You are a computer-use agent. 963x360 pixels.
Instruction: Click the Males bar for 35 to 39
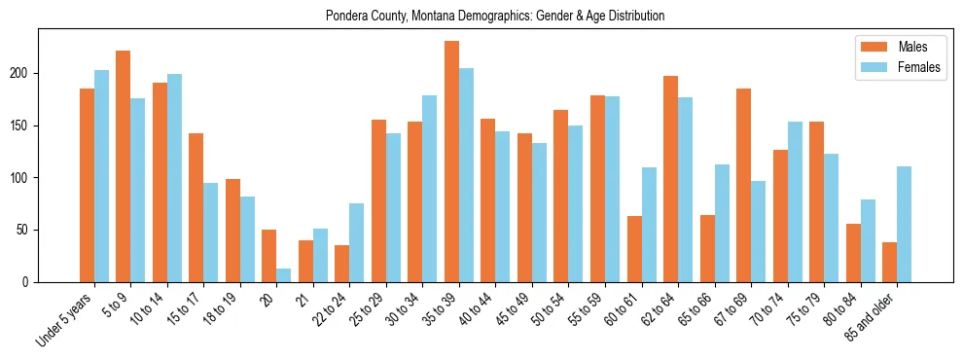(x=451, y=162)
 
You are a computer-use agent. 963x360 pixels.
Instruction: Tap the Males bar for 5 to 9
(x=124, y=166)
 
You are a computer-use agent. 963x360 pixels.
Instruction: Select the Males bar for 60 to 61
(x=634, y=249)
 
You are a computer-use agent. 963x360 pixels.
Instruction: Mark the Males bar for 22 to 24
(x=342, y=264)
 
